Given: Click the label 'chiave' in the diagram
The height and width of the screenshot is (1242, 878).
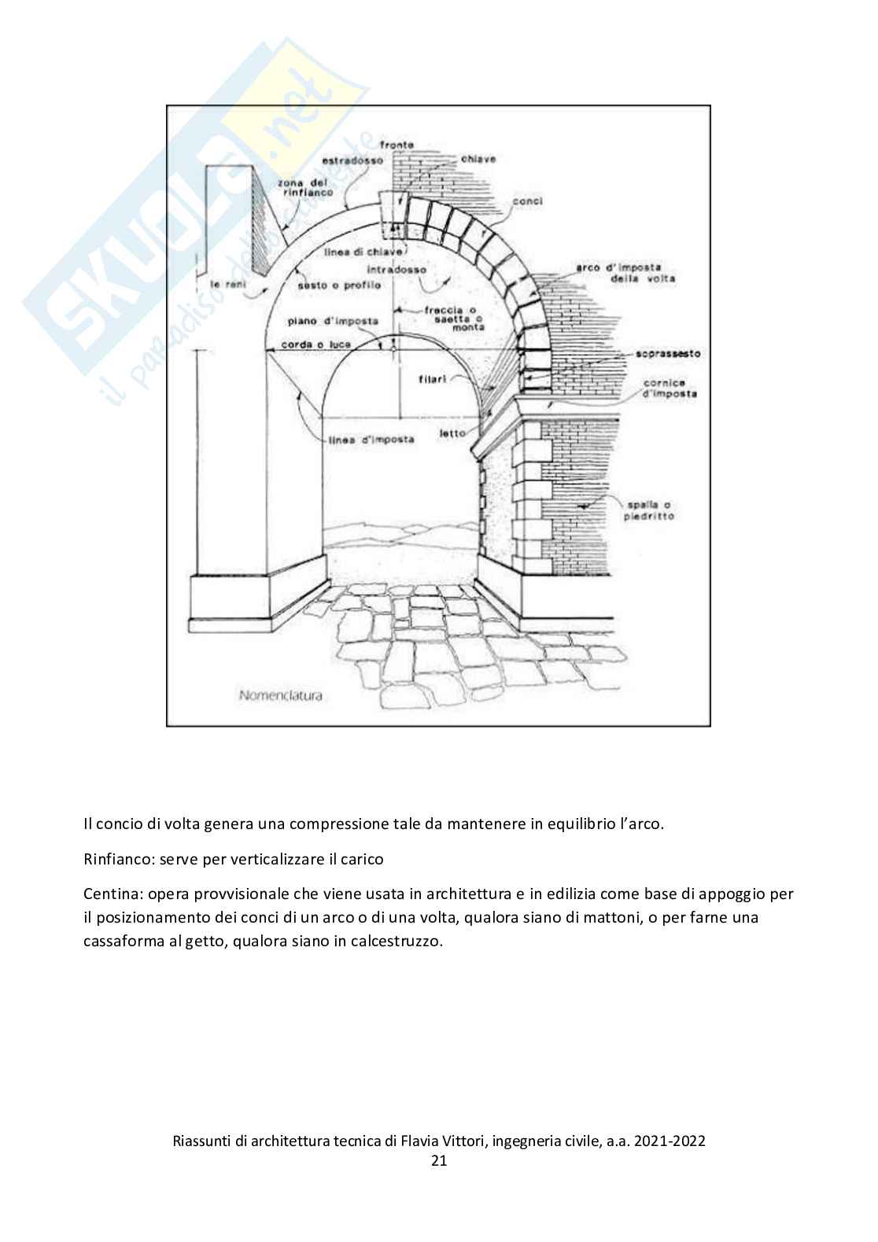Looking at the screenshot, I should tap(478, 159).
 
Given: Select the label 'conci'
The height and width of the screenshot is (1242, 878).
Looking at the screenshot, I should tap(527, 201).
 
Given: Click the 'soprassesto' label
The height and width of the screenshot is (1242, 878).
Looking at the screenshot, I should tap(669, 354).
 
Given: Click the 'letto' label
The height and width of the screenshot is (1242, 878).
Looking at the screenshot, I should tap(452, 433).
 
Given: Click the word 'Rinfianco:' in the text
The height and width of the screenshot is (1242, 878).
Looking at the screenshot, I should tap(118, 859).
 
